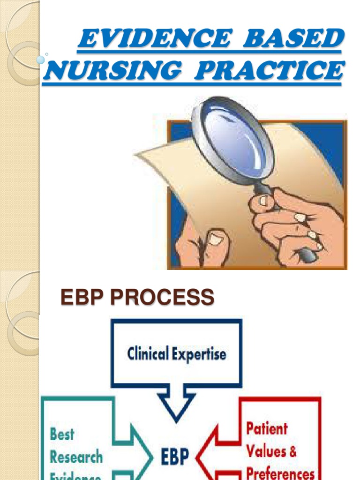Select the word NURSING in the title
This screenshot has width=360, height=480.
tap(111, 71)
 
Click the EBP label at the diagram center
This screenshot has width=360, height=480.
tap(175, 455)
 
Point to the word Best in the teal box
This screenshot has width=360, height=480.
tap(62, 434)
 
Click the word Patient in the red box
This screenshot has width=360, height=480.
tap(267, 428)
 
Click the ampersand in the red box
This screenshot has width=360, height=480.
tap(292, 451)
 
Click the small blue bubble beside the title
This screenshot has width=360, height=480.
tap(40, 60)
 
